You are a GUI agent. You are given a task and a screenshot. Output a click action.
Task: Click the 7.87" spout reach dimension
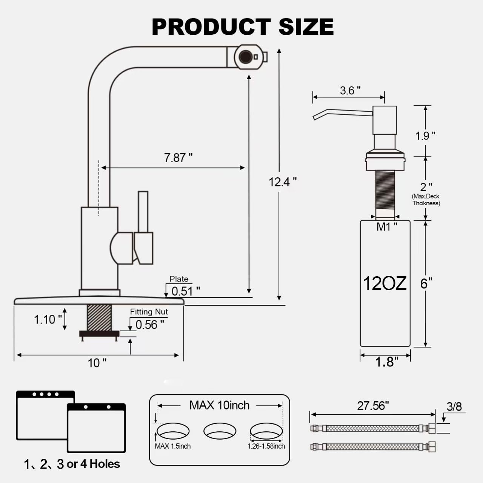[178, 157]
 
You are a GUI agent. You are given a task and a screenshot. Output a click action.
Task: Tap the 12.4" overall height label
[282, 182]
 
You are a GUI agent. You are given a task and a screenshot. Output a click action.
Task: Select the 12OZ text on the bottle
[385, 283]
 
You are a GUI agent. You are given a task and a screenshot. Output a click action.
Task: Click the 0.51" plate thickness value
[185, 291]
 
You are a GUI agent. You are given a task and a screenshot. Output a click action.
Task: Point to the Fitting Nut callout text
[149, 312]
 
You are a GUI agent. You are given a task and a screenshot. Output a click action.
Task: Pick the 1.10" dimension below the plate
[48, 320]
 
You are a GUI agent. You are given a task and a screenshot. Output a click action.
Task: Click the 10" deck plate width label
[97, 363]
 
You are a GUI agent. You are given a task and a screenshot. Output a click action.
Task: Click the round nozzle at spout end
[246, 57]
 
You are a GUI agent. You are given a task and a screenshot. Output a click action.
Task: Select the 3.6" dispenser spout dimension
[350, 91]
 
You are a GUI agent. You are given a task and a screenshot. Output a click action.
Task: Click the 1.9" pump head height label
[425, 135]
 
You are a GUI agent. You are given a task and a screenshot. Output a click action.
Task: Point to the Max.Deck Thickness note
[426, 200]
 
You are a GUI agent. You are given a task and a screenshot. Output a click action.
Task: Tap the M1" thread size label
[387, 227]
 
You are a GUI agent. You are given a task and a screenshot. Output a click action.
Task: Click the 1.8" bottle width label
[386, 362]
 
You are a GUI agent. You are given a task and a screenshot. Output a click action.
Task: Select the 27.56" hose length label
[373, 406]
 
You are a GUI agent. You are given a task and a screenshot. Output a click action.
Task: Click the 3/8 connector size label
[454, 406]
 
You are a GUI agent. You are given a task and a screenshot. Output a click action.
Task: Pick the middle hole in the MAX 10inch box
[220, 431]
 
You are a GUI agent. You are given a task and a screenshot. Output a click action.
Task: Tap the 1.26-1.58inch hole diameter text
[266, 446]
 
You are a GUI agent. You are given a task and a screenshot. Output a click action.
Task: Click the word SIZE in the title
[306, 26]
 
